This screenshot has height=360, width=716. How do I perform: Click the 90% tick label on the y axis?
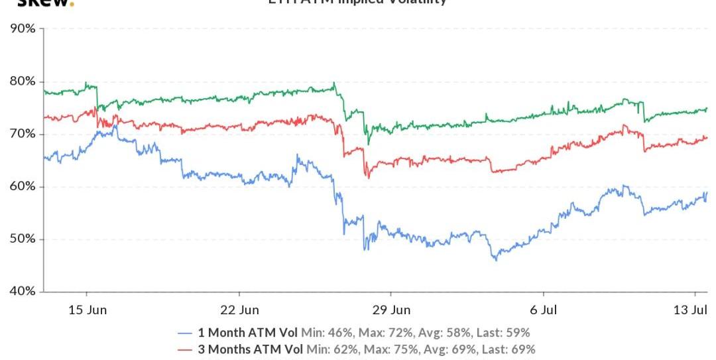[22, 29]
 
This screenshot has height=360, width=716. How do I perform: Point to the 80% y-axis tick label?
[22, 82]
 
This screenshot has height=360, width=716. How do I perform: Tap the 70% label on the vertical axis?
[22, 134]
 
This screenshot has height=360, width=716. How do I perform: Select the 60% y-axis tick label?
[22, 186]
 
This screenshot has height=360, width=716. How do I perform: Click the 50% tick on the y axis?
[22, 239]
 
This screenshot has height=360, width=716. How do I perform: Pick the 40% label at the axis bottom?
[22, 291]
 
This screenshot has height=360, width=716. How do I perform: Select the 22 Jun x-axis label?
[239, 310]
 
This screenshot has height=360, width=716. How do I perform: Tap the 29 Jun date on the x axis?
[390, 310]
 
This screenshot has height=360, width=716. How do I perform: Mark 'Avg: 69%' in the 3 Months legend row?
[453, 349]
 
